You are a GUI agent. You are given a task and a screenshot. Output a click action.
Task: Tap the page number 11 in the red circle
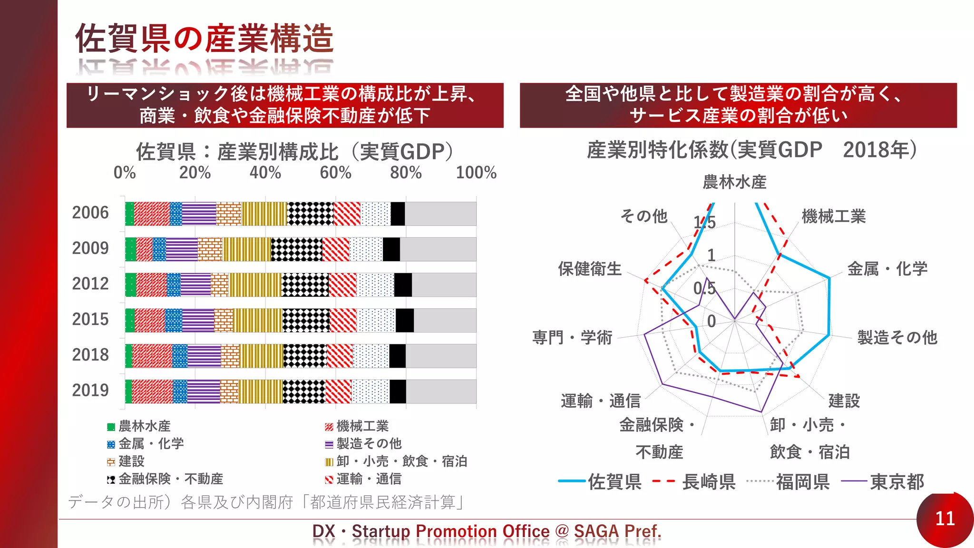coord(945,519)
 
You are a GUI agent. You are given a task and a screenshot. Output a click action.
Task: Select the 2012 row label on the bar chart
coord(90,284)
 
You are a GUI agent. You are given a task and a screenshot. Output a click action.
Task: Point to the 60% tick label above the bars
coord(335,172)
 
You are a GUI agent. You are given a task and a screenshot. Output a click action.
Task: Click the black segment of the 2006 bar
coord(398,214)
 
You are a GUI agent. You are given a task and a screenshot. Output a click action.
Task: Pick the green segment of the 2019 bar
coord(128,391)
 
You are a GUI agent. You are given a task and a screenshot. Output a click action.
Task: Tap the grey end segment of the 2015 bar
coord(445,320)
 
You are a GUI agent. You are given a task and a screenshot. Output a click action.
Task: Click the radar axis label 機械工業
coord(833,216)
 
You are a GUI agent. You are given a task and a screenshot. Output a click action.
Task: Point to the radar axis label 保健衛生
coord(590,269)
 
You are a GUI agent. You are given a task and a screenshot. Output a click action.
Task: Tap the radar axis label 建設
coord(844,401)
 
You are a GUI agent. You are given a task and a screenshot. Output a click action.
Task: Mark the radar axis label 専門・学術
coord(572,337)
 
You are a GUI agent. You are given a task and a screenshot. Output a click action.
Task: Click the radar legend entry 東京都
coord(896,482)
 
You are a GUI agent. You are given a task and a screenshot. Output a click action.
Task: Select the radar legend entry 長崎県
coord(709,482)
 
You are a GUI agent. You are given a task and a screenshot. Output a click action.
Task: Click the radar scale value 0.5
coord(704,288)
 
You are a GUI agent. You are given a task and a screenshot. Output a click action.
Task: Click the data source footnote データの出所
coord(266,502)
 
